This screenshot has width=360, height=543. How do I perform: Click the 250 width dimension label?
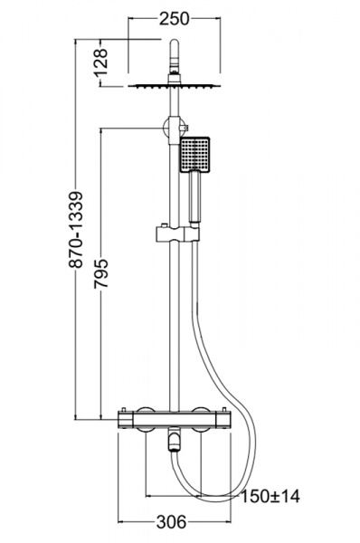(x=174, y=19)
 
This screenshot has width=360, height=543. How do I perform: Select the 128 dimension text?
(x=101, y=62)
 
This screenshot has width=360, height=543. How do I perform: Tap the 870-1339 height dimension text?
(x=75, y=229)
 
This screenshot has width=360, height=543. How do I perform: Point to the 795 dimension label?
(x=101, y=272)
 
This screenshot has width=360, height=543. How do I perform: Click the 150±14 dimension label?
(x=270, y=496)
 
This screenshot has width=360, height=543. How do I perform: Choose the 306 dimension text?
(x=171, y=521)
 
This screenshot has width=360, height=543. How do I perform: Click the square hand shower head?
(x=194, y=154)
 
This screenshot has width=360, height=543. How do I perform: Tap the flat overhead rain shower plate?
(x=174, y=85)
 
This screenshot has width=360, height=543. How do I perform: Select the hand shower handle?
(x=194, y=197)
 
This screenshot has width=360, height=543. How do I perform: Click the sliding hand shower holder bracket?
(x=177, y=234)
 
